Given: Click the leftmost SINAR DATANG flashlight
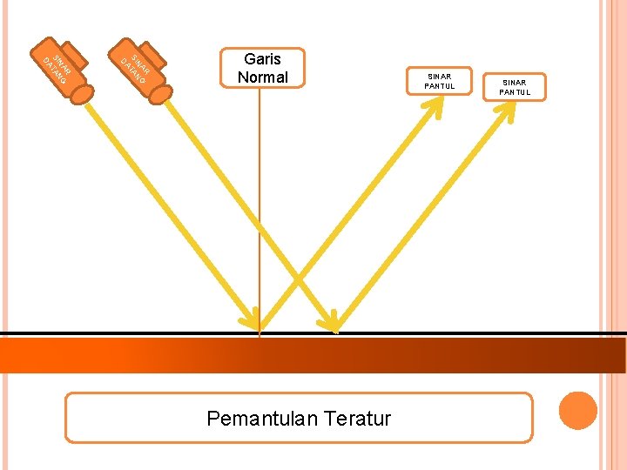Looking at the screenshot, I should pos(60,70).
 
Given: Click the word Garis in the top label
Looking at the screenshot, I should pos(262,59).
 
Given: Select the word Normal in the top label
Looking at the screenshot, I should pos(262,77).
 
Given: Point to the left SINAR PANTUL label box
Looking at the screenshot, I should pos(439,81).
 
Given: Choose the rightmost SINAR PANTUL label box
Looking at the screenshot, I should pos(513,87).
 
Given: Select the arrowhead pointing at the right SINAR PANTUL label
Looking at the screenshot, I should pos(506,113).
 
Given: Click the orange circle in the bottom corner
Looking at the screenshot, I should pos(577,411).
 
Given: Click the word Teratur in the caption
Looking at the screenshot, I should pos(357,419).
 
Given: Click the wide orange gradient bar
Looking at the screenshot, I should pos(313,355).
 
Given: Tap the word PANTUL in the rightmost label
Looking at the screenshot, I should pos(513,92).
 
